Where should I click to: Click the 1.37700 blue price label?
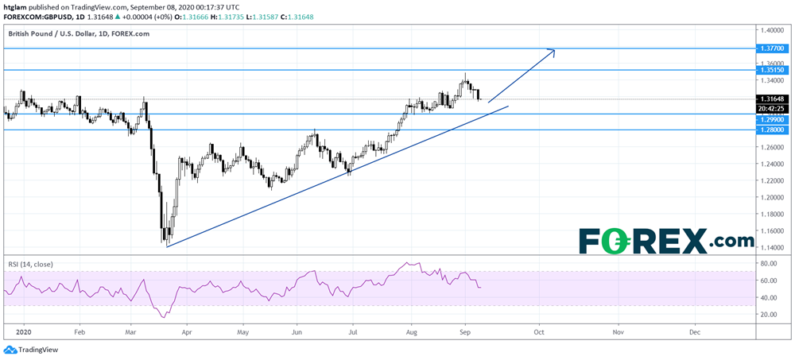773,48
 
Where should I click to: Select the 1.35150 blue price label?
773,71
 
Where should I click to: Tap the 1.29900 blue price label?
773,119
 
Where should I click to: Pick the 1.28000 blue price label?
773,130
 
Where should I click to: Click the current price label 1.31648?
773,99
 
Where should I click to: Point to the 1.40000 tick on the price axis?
771,30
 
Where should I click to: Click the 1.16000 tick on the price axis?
771,230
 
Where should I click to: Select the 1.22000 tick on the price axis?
771,180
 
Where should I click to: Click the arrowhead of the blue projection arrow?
553,51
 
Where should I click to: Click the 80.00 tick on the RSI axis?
768,263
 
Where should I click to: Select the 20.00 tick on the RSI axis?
768,315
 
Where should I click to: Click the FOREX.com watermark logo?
666,240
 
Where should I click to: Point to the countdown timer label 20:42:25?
772,108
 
